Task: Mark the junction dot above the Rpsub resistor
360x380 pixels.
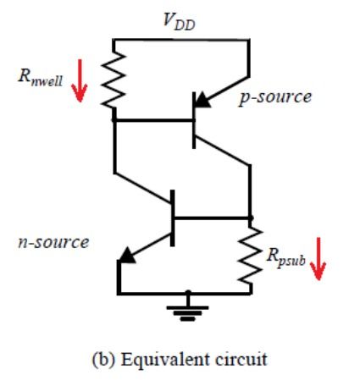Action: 251,217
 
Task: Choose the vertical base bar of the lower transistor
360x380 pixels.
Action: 173,217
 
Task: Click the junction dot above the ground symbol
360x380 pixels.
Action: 188,294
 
